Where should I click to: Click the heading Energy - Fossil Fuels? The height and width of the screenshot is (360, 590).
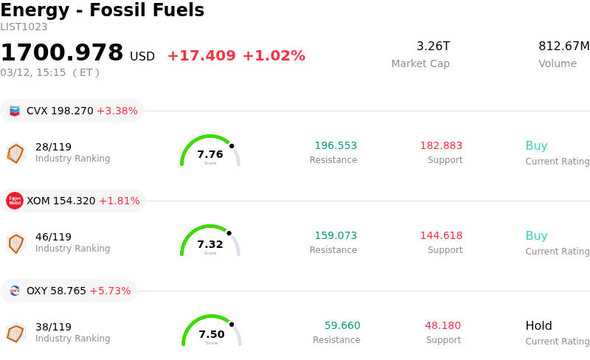tap(102, 11)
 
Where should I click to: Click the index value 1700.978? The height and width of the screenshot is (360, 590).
tap(62, 53)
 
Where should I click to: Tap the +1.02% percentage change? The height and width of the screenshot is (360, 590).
tap(274, 56)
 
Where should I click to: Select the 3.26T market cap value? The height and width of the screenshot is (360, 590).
tap(433, 46)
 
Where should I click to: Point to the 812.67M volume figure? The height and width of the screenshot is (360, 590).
tap(563, 46)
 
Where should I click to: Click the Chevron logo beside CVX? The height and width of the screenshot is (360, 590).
tap(15, 111)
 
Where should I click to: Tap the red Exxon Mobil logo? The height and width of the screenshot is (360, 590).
tap(15, 201)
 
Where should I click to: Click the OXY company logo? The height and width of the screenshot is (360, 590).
tap(15, 291)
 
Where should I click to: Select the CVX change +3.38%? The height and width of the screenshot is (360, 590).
tap(117, 111)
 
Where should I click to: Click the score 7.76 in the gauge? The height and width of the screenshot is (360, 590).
tap(210, 154)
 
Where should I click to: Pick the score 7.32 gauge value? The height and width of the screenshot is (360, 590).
tap(210, 244)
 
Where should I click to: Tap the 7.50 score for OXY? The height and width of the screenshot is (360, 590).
tap(212, 334)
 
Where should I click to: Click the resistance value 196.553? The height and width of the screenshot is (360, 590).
tap(336, 146)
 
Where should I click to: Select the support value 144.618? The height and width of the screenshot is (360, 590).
tap(441, 236)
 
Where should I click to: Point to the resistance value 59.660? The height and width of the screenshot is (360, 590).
tap(342, 326)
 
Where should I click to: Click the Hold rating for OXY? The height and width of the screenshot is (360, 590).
tap(538, 326)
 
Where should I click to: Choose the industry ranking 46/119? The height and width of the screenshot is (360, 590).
tap(53, 237)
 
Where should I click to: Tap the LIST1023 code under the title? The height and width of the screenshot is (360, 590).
tap(24, 27)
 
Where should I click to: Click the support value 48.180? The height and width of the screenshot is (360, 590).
tap(442, 326)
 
